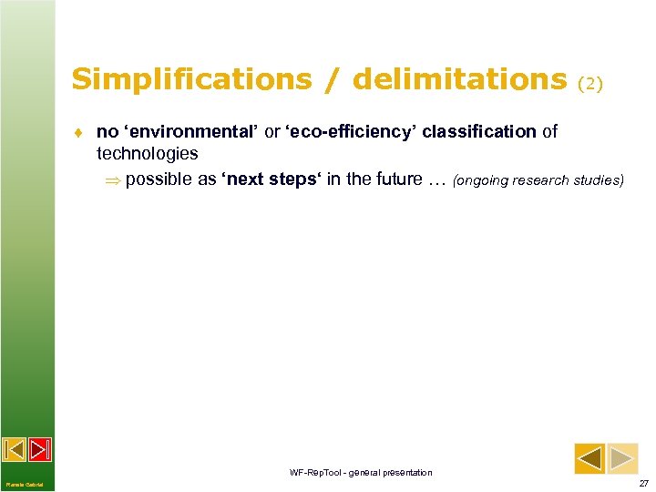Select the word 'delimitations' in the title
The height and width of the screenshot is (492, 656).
tap(459, 80)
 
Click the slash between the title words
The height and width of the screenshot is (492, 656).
tap(332, 80)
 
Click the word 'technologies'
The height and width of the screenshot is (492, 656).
tap(147, 154)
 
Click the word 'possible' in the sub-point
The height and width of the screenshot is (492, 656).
tap(159, 179)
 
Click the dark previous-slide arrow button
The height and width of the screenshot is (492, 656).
tap(589, 457)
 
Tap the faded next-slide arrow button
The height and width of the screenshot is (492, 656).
tap(623, 457)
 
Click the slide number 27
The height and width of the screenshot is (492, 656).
tap(643, 483)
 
